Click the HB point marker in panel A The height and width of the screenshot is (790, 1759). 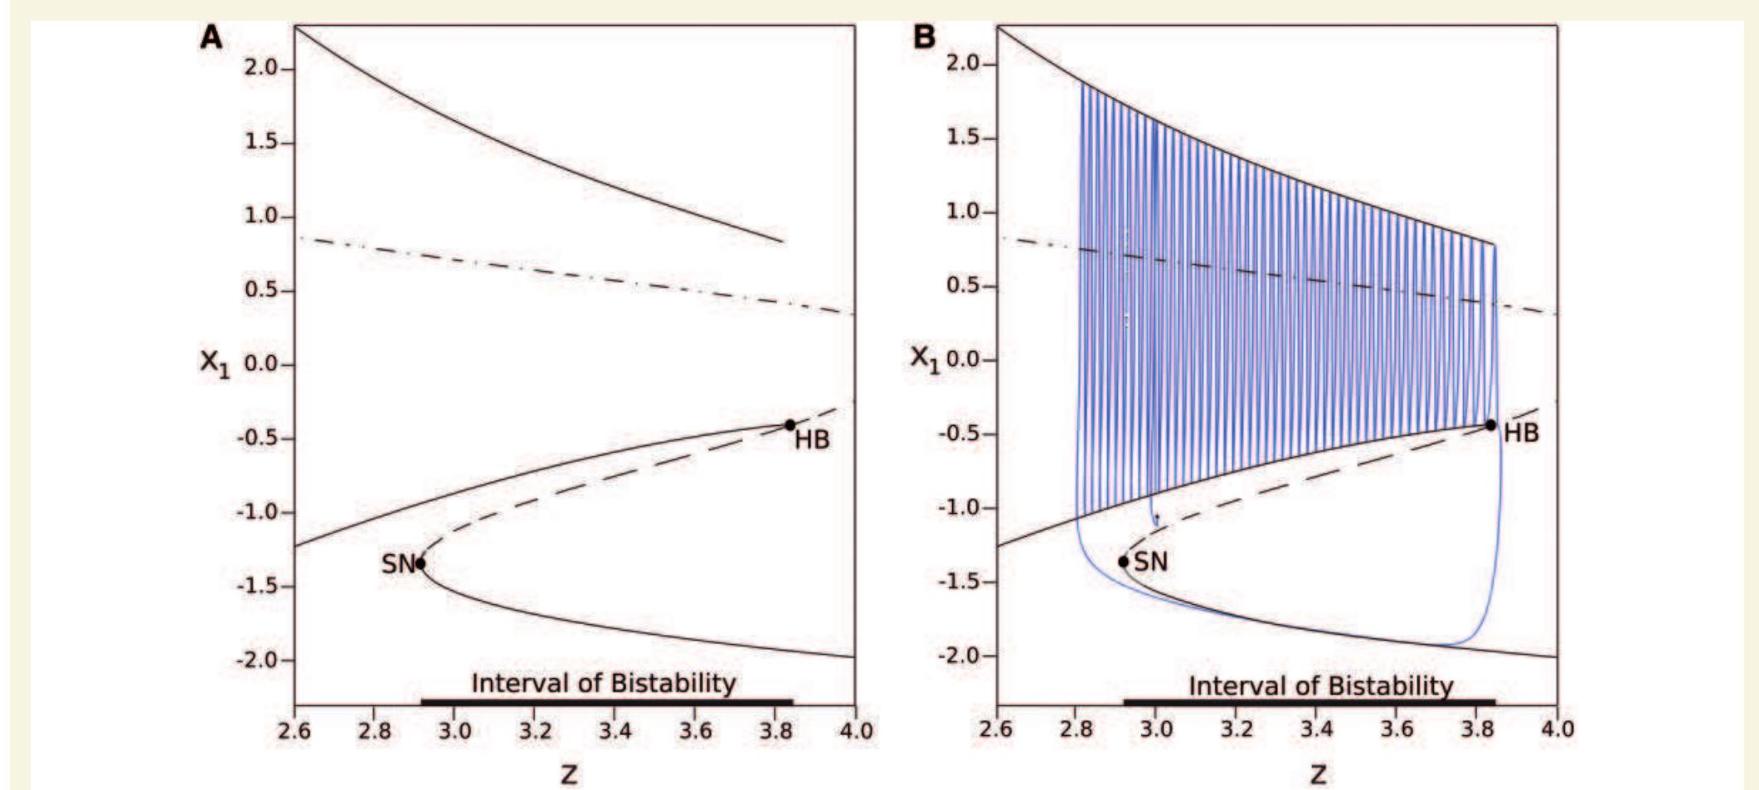point(790,425)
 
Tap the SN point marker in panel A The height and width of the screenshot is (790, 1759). point(420,563)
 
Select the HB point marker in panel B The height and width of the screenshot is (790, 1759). point(1490,425)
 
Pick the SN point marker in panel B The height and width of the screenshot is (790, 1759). point(1123,562)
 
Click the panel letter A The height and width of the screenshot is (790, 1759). point(211,37)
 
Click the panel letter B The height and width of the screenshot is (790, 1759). point(923,37)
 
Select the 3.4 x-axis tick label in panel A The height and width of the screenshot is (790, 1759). point(615,731)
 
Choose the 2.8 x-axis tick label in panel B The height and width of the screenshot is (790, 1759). point(1076,729)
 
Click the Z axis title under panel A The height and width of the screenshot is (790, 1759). point(569,775)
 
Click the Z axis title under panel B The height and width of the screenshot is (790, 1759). point(1318,775)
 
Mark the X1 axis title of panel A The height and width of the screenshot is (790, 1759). point(214,363)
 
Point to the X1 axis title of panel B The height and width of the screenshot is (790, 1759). point(926,358)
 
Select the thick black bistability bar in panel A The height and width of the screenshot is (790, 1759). point(606,702)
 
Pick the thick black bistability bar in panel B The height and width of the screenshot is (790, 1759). point(1309,702)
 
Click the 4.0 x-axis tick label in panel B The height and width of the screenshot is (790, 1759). point(1557,729)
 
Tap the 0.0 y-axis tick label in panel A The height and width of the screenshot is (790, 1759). point(264,365)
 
